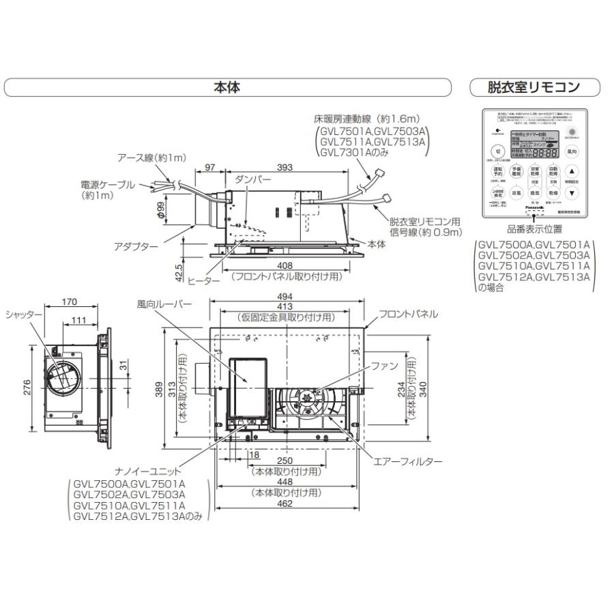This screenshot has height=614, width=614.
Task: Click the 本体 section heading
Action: (x=227, y=87)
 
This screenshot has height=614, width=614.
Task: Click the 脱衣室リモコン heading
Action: (x=533, y=87)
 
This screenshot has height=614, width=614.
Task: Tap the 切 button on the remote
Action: (x=498, y=151)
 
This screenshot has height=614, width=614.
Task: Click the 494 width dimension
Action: (x=285, y=297)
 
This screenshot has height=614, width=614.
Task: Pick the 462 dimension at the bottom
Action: (x=285, y=503)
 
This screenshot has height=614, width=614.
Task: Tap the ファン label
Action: (x=384, y=366)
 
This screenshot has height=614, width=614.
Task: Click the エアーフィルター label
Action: (x=408, y=462)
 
